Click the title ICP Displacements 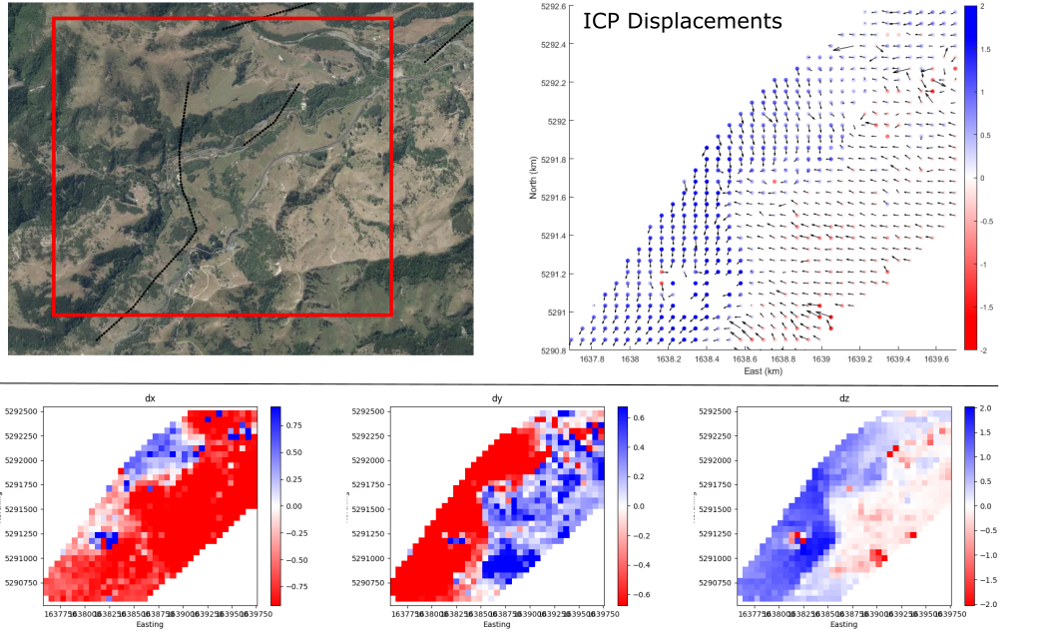click(x=682, y=21)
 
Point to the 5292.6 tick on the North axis click(x=552, y=7)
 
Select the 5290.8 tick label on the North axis click(x=552, y=350)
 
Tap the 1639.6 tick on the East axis click(x=936, y=359)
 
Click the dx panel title click(x=150, y=397)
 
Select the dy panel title click(x=497, y=397)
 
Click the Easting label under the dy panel click(x=497, y=624)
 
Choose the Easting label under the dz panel click(x=844, y=624)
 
